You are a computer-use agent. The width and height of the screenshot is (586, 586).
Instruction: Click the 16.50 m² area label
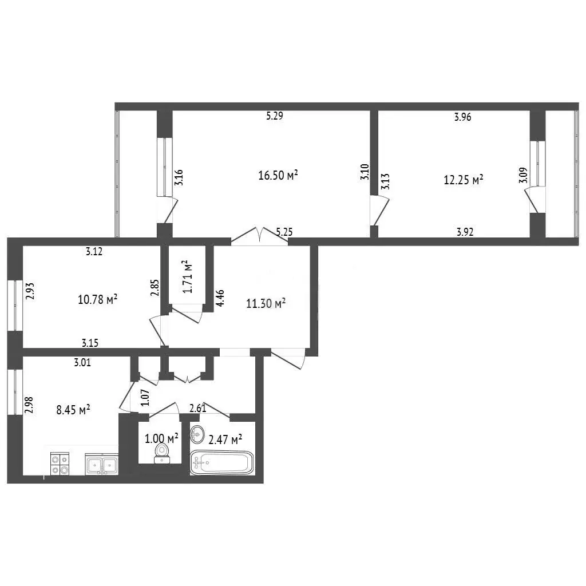pyautogui.click(x=278, y=175)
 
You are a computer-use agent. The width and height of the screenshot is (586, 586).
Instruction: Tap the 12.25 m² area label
pyautogui.click(x=464, y=180)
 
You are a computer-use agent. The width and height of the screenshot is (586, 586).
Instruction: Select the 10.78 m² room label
pyautogui.click(x=98, y=299)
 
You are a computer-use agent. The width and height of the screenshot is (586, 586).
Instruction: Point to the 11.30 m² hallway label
pyautogui.click(x=266, y=303)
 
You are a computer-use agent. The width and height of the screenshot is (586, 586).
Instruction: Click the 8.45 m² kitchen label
pyautogui.click(x=73, y=410)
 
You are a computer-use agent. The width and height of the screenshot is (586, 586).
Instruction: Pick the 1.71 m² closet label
pyautogui.click(x=188, y=276)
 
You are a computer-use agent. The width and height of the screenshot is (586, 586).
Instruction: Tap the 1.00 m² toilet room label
pyautogui.click(x=161, y=438)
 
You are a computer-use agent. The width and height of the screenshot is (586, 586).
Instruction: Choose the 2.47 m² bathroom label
pyautogui.click(x=225, y=439)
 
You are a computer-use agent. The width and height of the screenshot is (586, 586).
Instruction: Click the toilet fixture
pyautogui.click(x=162, y=453)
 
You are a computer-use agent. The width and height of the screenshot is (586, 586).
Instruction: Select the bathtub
pyautogui.click(x=222, y=462)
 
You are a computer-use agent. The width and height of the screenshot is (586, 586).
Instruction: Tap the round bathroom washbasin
pyautogui.click(x=197, y=434)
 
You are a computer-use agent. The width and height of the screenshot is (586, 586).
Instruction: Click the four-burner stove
pyautogui.click(x=60, y=464)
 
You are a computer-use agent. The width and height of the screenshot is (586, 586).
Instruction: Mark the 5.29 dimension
pyautogui.click(x=275, y=116)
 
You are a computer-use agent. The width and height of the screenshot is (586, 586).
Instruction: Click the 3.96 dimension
pyautogui.click(x=462, y=117)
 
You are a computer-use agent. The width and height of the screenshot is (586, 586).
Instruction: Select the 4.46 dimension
pyautogui.click(x=220, y=298)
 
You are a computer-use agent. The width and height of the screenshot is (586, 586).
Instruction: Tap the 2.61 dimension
pyautogui.click(x=197, y=409)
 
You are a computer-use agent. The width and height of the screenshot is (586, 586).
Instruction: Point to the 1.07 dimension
pyautogui.click(x=145, y=398)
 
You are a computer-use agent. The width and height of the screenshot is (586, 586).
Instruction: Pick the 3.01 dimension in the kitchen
pyautogui.click(x=82, y=362)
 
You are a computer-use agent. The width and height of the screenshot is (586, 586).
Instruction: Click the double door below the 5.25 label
pyautogui.click(x=260, y=236)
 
